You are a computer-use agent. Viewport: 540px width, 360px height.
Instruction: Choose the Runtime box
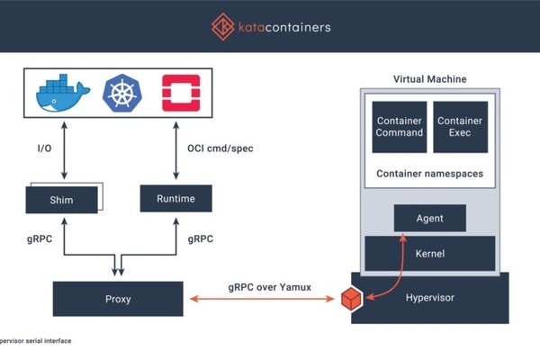click(175, 198)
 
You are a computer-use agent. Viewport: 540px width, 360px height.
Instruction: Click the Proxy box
click(118, 299)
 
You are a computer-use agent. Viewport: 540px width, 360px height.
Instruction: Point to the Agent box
click(430, 218)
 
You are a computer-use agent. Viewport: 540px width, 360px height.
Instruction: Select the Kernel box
click(429, 254)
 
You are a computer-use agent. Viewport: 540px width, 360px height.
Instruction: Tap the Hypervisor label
click(435, 299)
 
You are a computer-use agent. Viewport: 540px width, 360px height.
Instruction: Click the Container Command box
click(400, 127)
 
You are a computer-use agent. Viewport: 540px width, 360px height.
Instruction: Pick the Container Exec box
click(460, 127)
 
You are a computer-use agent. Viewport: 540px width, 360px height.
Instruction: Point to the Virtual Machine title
click(429, 79)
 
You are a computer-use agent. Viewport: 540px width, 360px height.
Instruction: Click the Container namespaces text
click(429, 173)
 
